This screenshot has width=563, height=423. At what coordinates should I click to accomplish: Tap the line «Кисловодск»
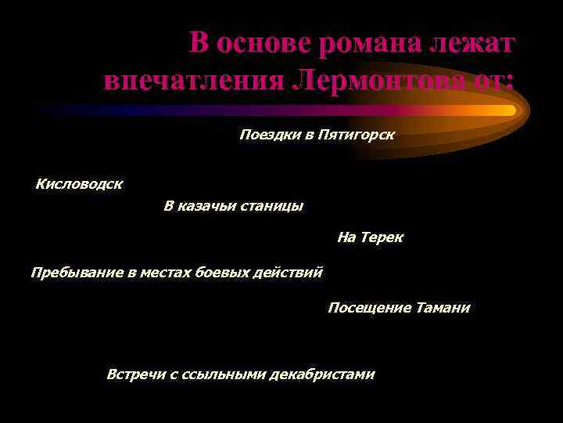[x=79, y=185]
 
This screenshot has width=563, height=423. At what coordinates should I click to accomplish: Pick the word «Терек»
[x=382, y=237]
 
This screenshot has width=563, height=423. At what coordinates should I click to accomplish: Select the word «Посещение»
[x=369, y=308]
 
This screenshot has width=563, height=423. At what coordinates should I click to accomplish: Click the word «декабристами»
[x=321, y=374]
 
